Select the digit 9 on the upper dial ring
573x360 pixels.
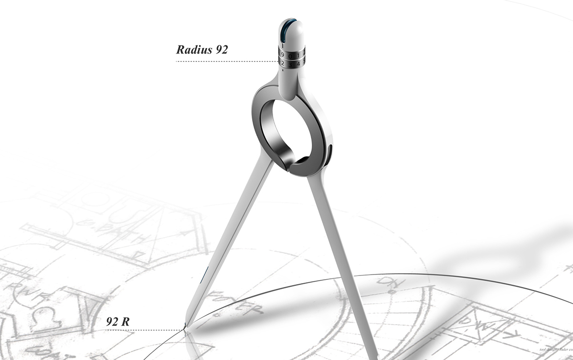click(283, 54)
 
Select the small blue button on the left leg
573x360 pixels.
click(204, 274)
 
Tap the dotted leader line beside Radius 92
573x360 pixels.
click(224, 62)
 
